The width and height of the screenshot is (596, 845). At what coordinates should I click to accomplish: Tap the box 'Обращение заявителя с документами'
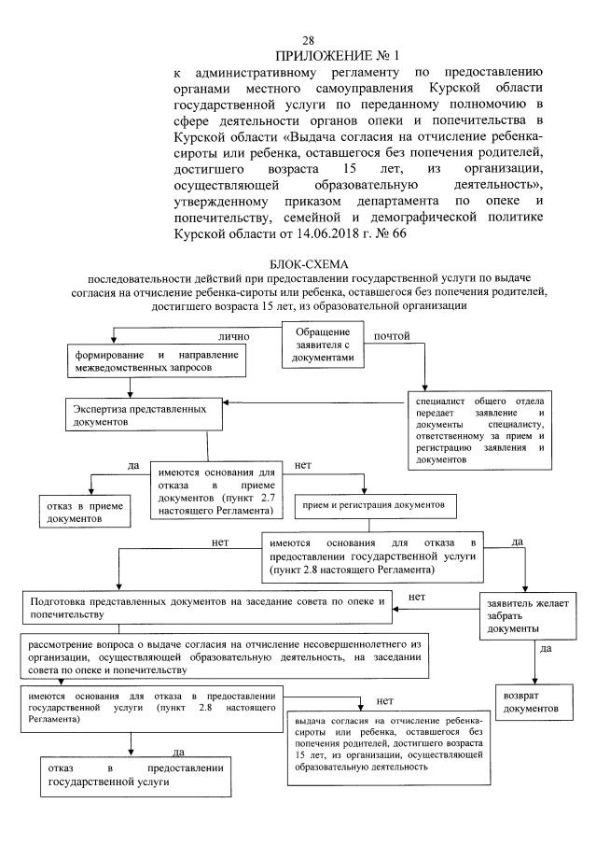[x=323, y=344]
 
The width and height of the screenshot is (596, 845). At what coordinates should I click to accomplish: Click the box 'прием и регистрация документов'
[x=371, y=505]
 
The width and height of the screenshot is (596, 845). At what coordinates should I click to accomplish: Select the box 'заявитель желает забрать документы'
[x=520, y=615]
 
